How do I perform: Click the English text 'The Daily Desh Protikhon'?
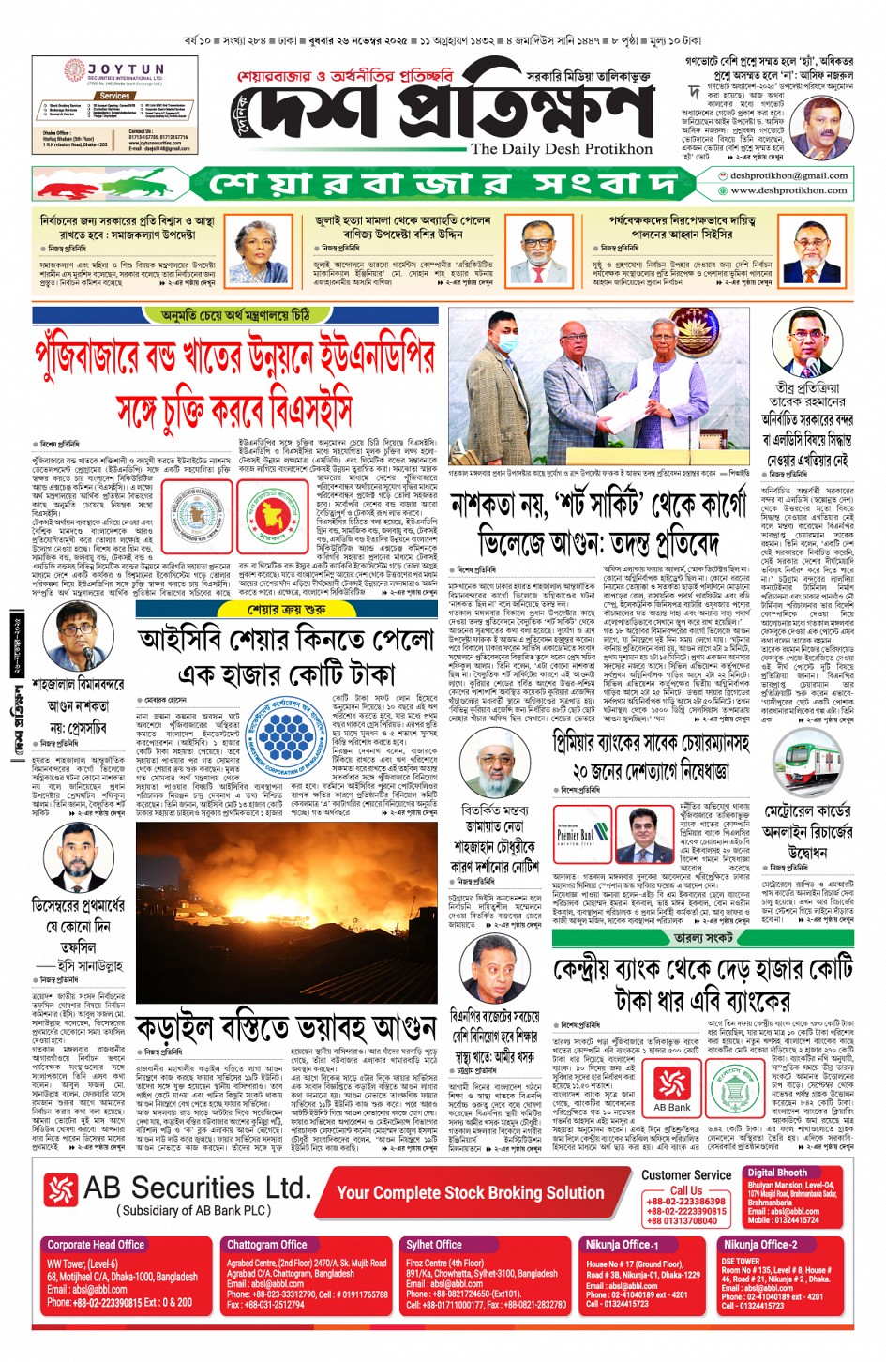[562, 149]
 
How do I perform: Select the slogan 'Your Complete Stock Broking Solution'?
[470, 1192]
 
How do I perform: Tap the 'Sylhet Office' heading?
[434, 1245]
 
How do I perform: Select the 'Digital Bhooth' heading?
[777, 1173]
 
